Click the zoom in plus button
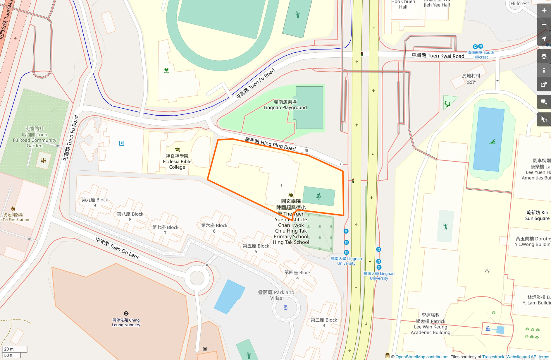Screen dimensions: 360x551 tap(544, 11)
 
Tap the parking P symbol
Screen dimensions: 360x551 tap(122, 143)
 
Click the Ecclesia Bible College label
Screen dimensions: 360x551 tap(177, 162)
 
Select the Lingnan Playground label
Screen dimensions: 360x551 tap(285, 105)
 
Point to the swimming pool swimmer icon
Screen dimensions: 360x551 tap(492, 142)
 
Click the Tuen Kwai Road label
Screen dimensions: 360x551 tap(438, 56)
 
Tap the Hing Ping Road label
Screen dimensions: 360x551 tap(270, 144)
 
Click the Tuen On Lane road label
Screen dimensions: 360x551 tap(118, 248)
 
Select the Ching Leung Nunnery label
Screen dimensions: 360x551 tap(126, 322)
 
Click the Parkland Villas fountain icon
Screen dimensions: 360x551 tap(286, 307)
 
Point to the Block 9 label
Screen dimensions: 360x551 tap(95, 202)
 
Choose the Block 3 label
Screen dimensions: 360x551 tap(324, 323)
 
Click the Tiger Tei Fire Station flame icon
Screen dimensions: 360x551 tap(13, 209)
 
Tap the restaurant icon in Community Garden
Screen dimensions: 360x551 tap(44, 160)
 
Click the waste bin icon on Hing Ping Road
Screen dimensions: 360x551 tap(307, 150)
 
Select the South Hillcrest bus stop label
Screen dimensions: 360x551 tap(481, 55)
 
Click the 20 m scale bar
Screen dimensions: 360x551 tap(15, 349)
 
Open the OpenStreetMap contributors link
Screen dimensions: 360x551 tap(422, 357)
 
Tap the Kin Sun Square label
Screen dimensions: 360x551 tap(537, 215)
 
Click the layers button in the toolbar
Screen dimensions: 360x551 tap(544, 56)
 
